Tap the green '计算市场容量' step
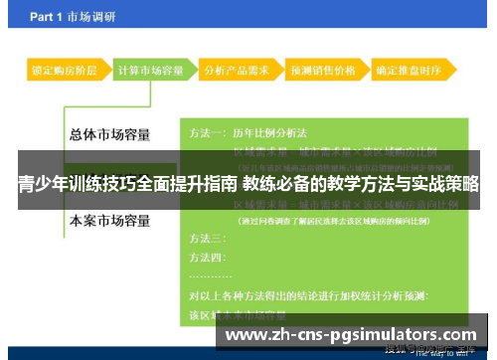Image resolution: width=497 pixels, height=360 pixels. tap(149, 71)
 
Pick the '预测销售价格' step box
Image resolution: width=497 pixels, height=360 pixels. tap(321, 71)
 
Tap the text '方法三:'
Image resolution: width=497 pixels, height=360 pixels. tap(207, 239)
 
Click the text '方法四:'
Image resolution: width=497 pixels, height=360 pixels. tap(207, 256)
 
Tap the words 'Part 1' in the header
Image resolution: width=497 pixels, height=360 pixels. tap(50, 17)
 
